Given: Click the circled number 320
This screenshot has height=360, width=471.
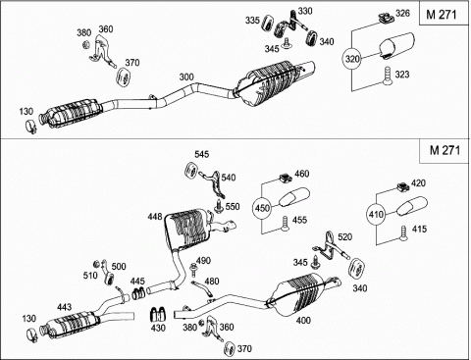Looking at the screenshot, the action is coord(352,59).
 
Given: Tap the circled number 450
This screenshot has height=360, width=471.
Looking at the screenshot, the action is coord(262,208).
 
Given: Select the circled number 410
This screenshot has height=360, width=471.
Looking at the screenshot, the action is coord(376,215).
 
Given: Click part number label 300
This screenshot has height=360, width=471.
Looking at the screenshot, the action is coord(186,77).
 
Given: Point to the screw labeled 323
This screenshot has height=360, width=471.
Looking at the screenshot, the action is coord(388,77).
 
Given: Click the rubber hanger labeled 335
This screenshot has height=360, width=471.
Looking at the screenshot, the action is coord(268,23).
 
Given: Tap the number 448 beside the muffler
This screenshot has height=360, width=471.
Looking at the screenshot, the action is coord(155,217).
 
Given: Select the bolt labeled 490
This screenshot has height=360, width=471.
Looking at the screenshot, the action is coord(192,270).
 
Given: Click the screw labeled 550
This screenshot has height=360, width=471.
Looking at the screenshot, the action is coord(219,207).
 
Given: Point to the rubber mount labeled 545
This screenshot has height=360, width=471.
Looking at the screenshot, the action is coord(190,171).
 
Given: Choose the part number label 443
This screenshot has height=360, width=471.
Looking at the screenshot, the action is coord(64,307).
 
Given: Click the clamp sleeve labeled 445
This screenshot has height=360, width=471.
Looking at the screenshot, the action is coord(138,293).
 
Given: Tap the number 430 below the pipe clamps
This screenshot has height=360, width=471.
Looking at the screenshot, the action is coord(158,328).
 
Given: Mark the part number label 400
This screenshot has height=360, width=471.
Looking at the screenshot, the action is coord(303,321).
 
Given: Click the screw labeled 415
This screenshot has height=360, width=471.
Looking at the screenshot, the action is coord(404,233).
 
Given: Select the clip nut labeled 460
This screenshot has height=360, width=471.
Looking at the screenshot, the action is coord(286,179).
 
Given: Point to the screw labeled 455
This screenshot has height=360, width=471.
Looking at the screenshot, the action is coord(285,224).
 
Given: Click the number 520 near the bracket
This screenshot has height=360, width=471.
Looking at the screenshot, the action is coord(344,236).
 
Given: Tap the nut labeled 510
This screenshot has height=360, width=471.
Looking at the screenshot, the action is coord(97,264).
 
